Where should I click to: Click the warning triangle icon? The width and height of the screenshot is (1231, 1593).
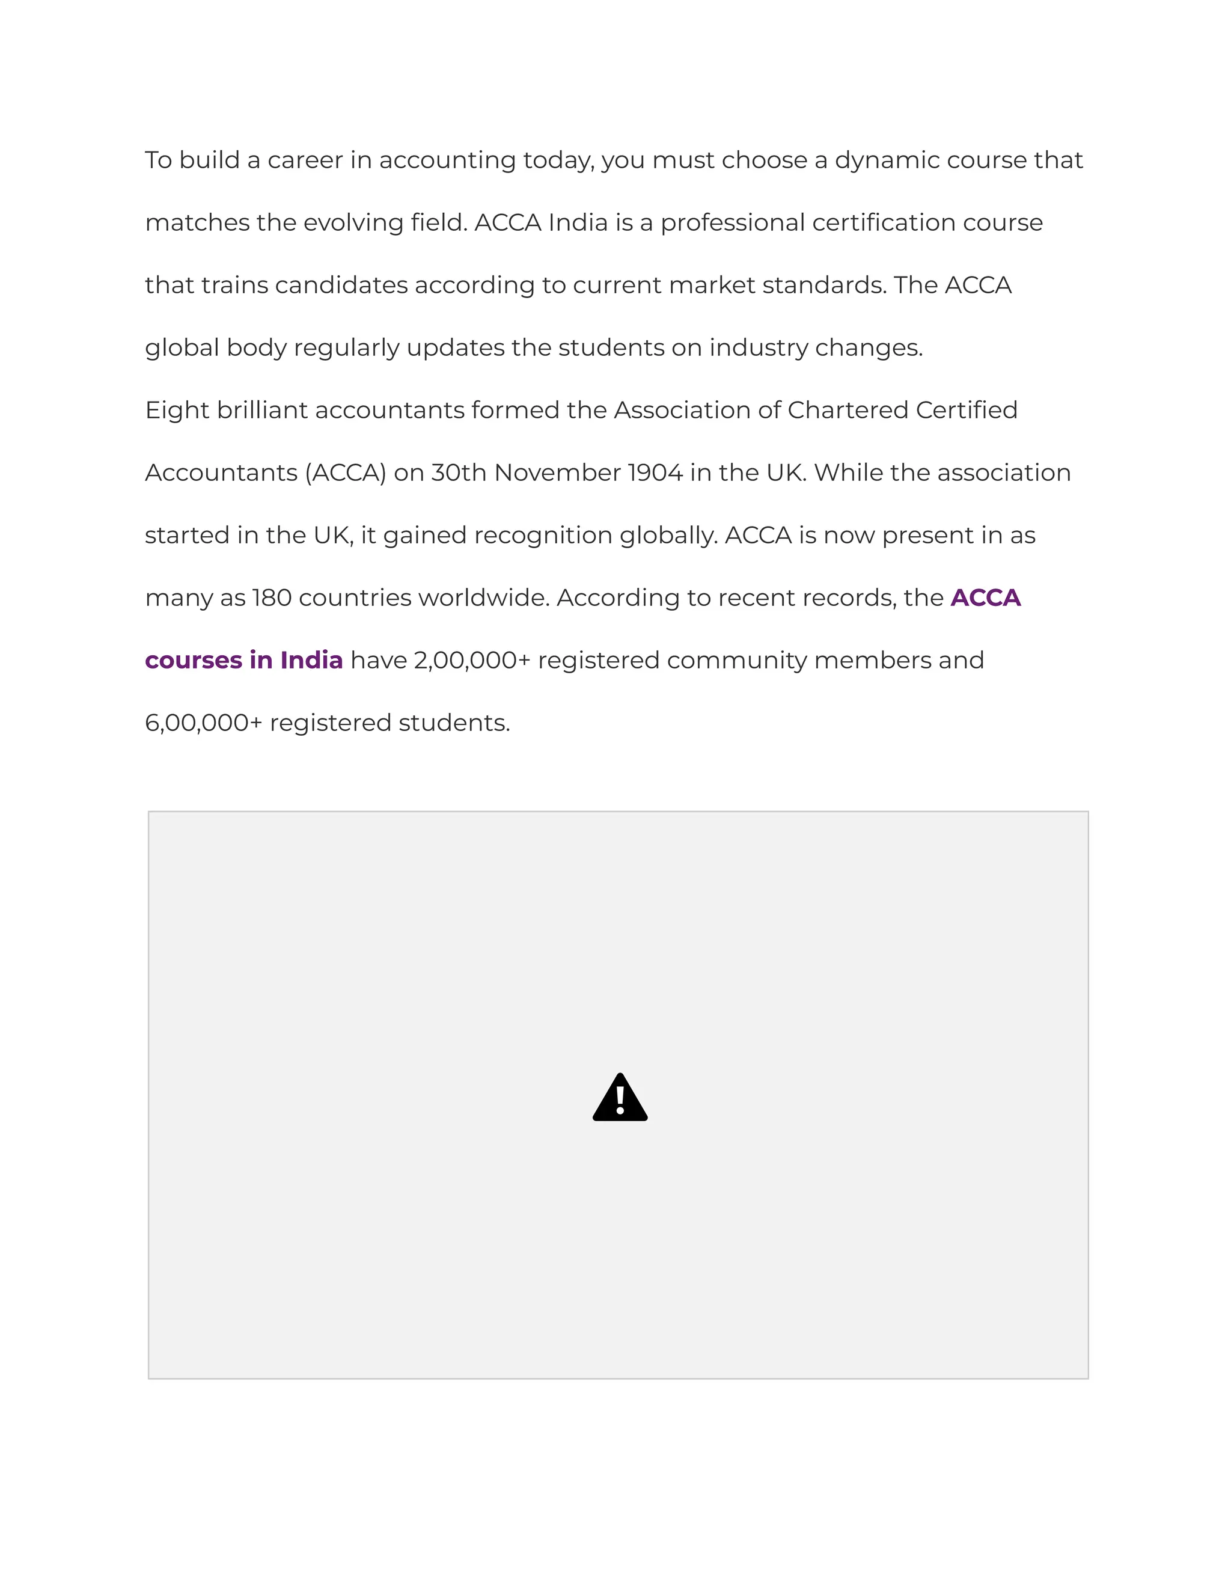tap(620, 1098)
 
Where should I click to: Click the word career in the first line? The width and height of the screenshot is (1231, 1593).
tap(305, 161)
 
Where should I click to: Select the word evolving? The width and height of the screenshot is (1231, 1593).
tap(353, 223)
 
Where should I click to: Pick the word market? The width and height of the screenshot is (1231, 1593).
tap(712, 285)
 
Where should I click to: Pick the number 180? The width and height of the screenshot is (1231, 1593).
tap(271, 598)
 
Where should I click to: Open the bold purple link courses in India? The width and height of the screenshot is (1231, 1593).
tap(243, 661)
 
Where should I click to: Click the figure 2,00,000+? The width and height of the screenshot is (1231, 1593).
tap(472, 661)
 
